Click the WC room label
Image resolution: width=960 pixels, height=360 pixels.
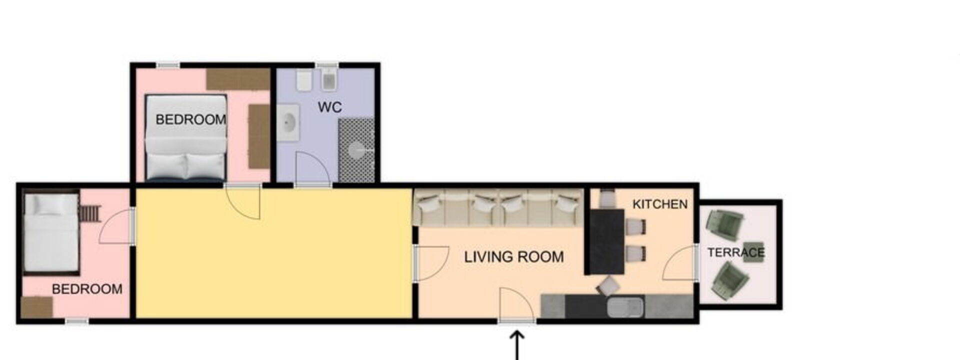(x=330, y=107)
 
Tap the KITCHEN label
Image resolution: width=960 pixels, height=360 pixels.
(x=660, y=204)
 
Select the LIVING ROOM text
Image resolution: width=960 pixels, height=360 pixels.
(x=514, y=257)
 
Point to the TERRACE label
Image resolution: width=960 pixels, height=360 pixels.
(x=736, y=252)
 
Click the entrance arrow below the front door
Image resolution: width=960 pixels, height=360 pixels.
(x=517, y=345)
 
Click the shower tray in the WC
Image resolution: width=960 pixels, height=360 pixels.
(x=356, y=150)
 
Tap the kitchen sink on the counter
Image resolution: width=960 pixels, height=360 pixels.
(x=625, y=306)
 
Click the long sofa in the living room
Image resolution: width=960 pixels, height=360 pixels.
(x=497, y=207)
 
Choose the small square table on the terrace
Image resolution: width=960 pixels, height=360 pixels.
(x=753, y=251)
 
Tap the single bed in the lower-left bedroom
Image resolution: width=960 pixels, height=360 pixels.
(x=51, y=232)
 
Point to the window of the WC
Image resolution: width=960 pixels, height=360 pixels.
(x=327, y=65)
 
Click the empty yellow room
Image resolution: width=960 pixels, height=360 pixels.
(x=273, y=253)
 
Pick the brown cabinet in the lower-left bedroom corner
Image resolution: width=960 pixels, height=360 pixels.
(x=37, y=307)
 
